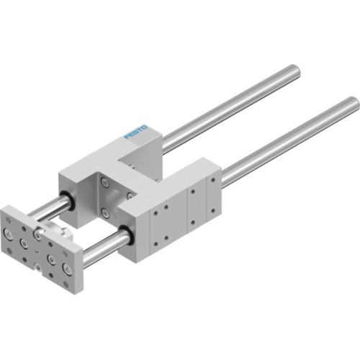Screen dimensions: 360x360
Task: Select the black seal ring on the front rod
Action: point(127,234)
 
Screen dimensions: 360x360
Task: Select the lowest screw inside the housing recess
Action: point(106,213)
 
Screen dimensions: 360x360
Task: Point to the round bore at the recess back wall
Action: point(130,194)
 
